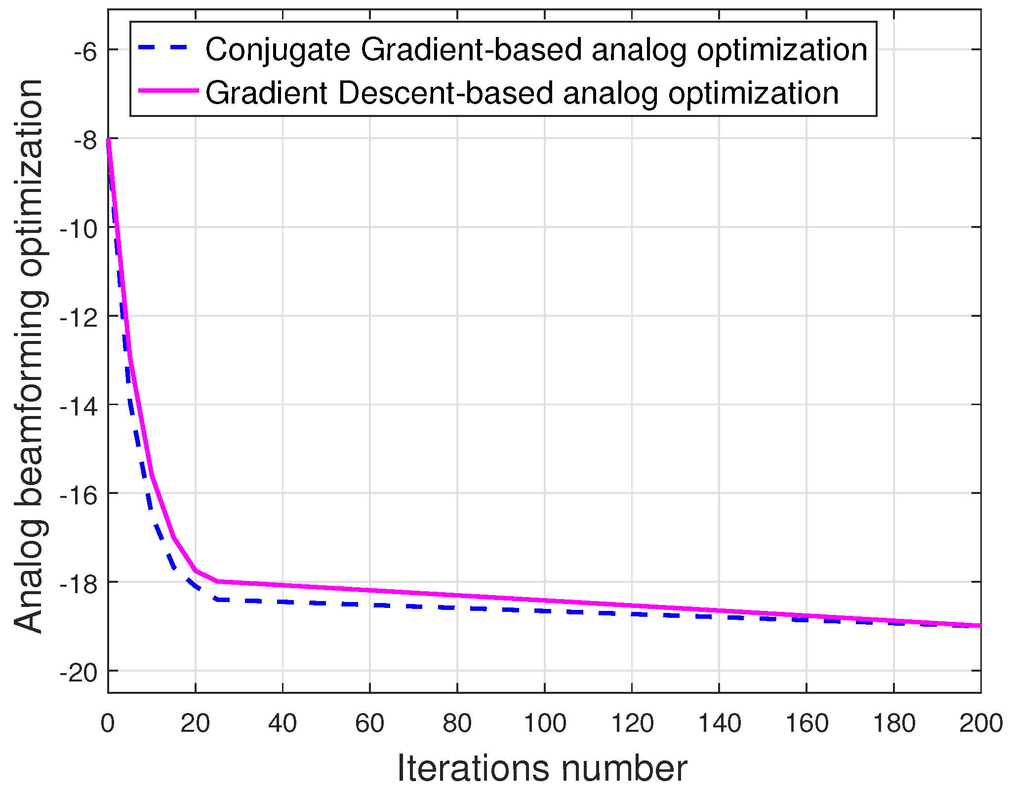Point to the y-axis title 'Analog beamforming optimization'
tap(30, 355)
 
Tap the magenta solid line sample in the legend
tap(168, 91)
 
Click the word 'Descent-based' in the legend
tap(445, 93)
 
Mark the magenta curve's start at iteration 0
tap(108, 140)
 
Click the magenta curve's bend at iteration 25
tap(217, 581)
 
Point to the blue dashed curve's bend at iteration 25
tap(217, 600)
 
